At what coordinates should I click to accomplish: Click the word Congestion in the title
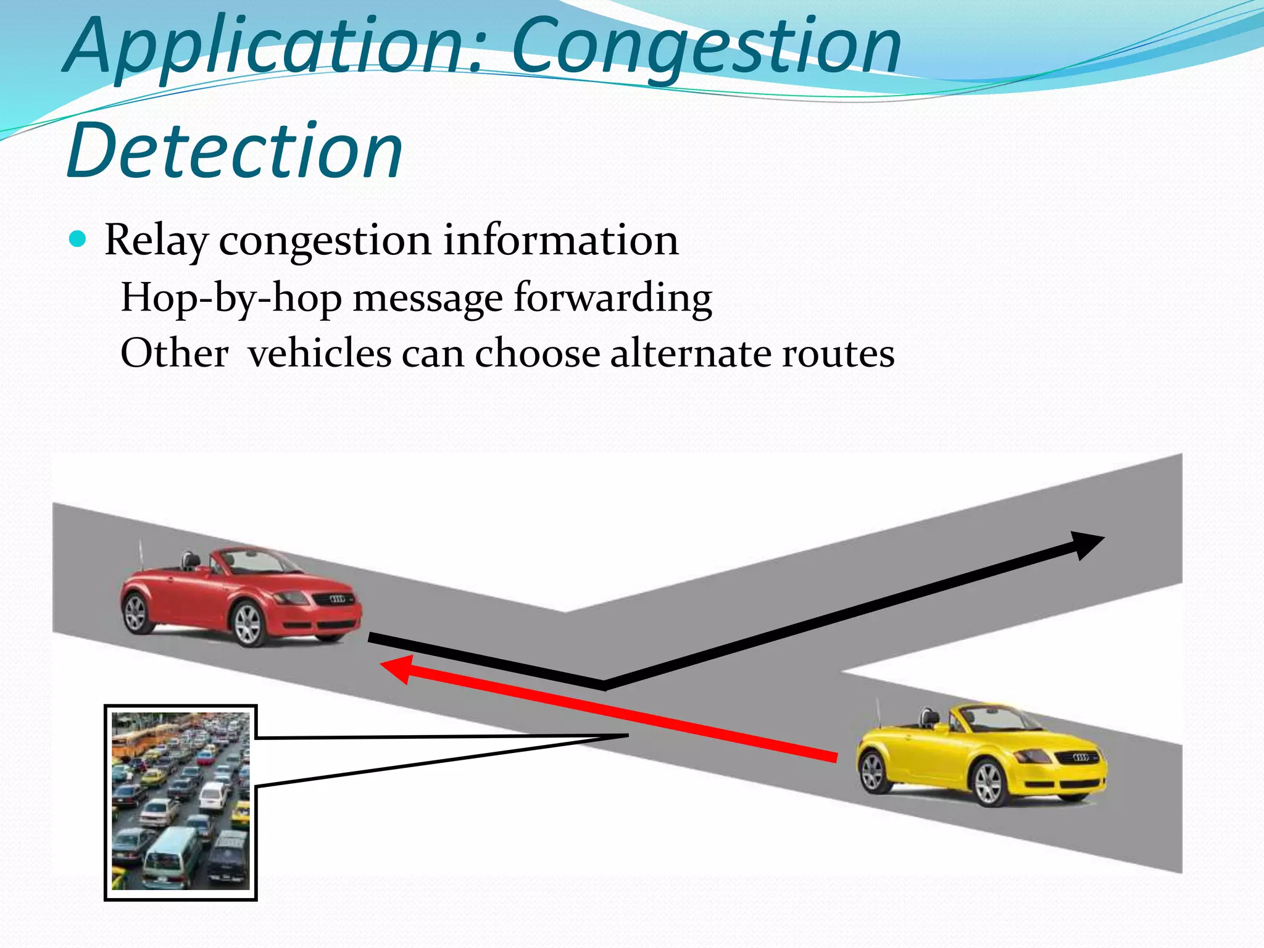coord(706,48)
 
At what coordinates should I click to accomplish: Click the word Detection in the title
coord(235,152)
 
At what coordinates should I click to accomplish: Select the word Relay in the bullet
coord(156,240)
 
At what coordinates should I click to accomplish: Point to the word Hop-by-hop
coord(231,298)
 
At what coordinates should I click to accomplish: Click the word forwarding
coord(612,298)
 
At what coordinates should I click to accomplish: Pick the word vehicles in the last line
coord(320,354)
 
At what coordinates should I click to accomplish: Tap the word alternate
coord(690,354)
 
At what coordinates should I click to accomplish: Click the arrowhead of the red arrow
coord(396,669)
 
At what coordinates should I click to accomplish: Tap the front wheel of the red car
coord(249,625)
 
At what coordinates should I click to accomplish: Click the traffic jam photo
coord(181,802)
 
